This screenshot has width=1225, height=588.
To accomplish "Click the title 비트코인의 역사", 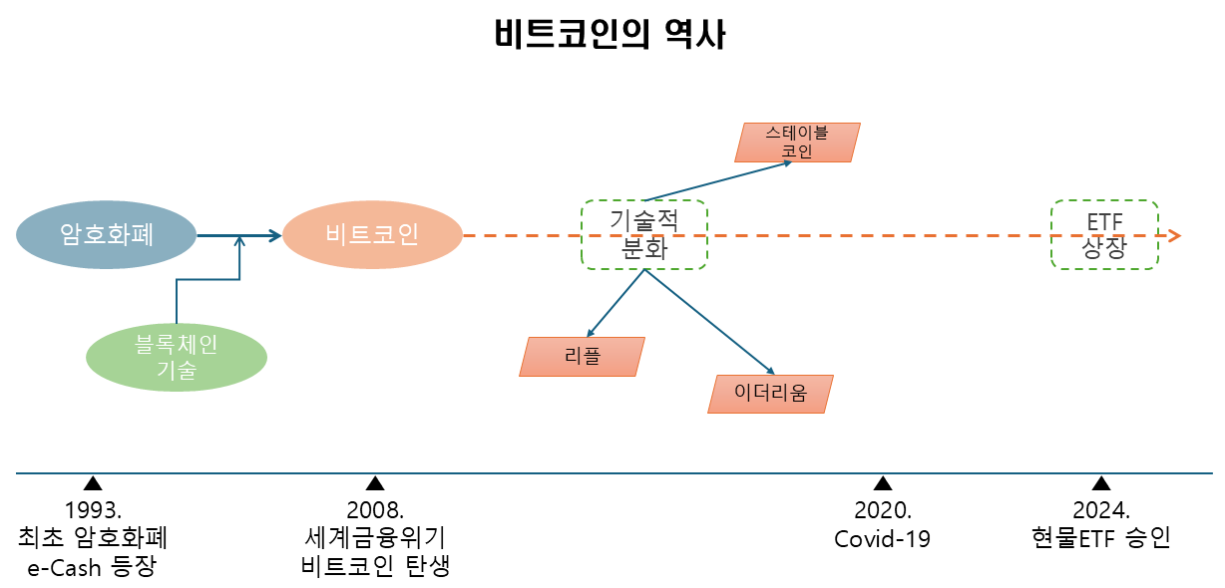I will (611, 35).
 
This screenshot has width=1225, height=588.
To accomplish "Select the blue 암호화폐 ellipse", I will (106, 235).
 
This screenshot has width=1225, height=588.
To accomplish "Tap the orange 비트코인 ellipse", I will (372, 235).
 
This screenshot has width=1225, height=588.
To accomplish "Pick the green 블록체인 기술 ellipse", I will (177, 357).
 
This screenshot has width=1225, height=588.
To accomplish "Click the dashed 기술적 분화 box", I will (643, 234).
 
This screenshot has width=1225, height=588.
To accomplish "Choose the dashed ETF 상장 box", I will (1104, 234).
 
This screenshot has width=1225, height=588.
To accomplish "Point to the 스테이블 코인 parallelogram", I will (797, 143).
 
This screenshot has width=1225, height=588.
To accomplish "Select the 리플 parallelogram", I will (583, 357).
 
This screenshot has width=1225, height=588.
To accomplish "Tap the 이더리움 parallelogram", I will (770, 395).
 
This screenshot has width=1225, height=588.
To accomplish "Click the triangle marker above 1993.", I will (93, 484).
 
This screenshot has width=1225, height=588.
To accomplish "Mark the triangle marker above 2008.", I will (375, 484).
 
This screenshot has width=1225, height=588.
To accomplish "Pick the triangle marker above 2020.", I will (883, 484).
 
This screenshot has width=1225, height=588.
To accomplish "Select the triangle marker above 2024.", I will (1101, 484).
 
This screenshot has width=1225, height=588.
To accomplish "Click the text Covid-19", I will (883, 540).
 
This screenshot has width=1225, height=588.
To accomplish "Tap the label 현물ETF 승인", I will (1101, 539).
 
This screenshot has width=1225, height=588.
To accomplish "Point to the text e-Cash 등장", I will (92, 568).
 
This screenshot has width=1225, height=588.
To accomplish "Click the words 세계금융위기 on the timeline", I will (375, 539).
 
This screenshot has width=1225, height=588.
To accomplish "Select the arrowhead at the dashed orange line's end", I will (1175, 236).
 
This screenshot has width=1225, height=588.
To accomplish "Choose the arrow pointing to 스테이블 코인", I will (718, 180).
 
